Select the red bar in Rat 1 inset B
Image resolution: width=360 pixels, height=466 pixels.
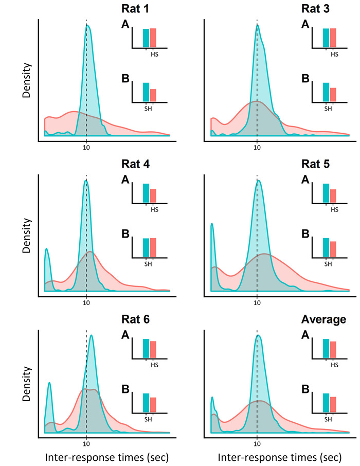tap(153, 96)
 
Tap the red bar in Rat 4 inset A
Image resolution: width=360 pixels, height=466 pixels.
tap(153, 196)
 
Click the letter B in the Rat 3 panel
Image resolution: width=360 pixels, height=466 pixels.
tap(305, 79)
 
